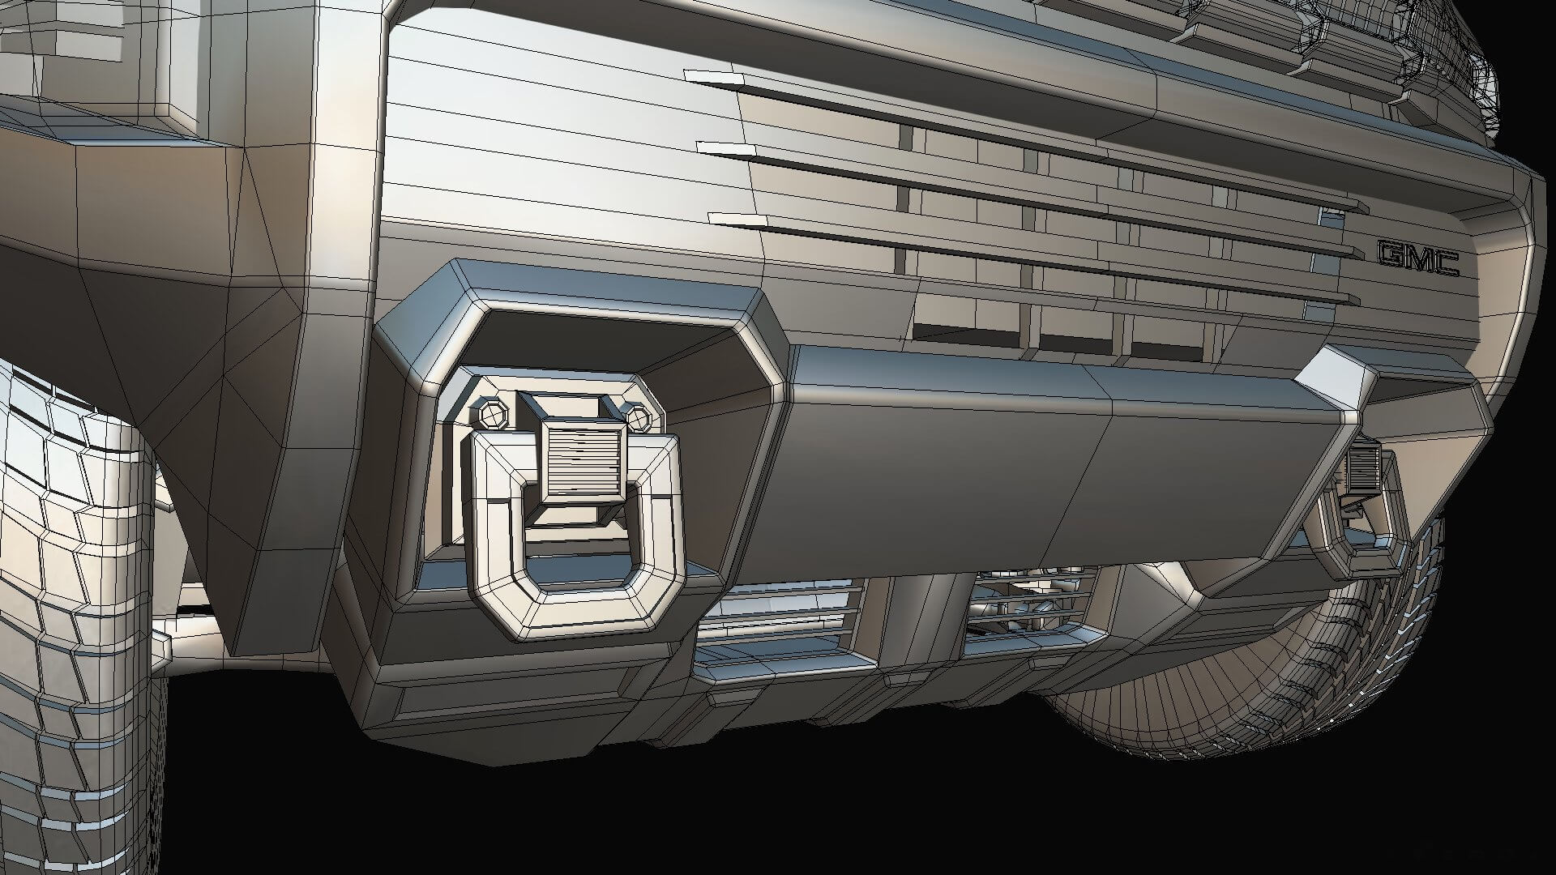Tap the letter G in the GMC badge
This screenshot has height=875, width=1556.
pos(1391,255)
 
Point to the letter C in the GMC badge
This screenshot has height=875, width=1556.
pos(1446,263)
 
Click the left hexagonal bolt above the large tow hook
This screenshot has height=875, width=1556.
pos(492,413)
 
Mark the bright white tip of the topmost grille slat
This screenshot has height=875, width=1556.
pos(717,78)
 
